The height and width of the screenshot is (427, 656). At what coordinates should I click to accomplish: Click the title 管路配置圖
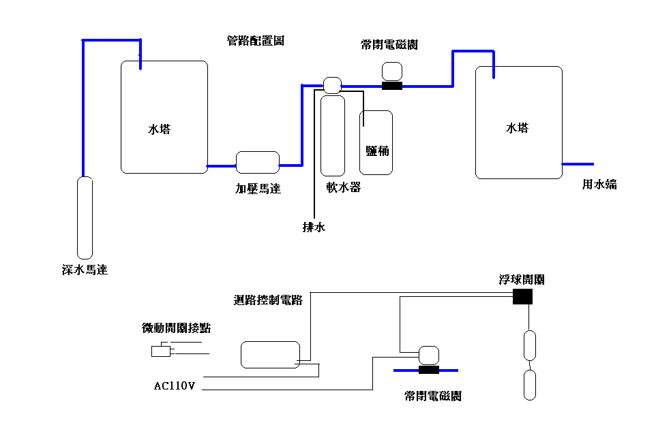(x=255, y=41)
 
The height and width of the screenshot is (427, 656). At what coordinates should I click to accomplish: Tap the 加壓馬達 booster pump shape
(x=258, y=163)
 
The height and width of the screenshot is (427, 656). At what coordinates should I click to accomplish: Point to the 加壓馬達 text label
(x=258, y=189)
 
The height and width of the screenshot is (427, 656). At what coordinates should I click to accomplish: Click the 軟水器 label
(x=343, y=187)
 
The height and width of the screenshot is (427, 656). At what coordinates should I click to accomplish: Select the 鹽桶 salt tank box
(x=376, y=142)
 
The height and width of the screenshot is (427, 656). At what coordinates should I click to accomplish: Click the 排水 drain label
(x=314, y=227)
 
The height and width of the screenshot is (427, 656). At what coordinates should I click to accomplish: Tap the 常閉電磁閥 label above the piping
(x=389, y=45)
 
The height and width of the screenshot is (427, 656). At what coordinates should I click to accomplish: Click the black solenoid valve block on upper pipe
(x=392, y=86)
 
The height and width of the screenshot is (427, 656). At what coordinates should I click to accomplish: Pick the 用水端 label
(x=599, y=184)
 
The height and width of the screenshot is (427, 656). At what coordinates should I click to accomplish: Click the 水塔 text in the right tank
(x=517, y=128)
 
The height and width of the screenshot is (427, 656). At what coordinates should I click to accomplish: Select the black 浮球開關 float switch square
(x=522, y=296)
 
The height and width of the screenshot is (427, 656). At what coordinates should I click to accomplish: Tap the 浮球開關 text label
(x=522, y=280)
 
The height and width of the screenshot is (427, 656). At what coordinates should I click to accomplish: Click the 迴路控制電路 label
(x=268, y=300)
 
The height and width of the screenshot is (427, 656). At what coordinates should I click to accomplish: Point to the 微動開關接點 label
(x=176, y=328)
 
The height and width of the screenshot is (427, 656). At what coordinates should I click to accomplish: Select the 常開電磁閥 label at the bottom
(x=432, y=396)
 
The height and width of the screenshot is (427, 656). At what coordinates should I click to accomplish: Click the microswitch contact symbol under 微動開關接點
(x=162, y=351)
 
